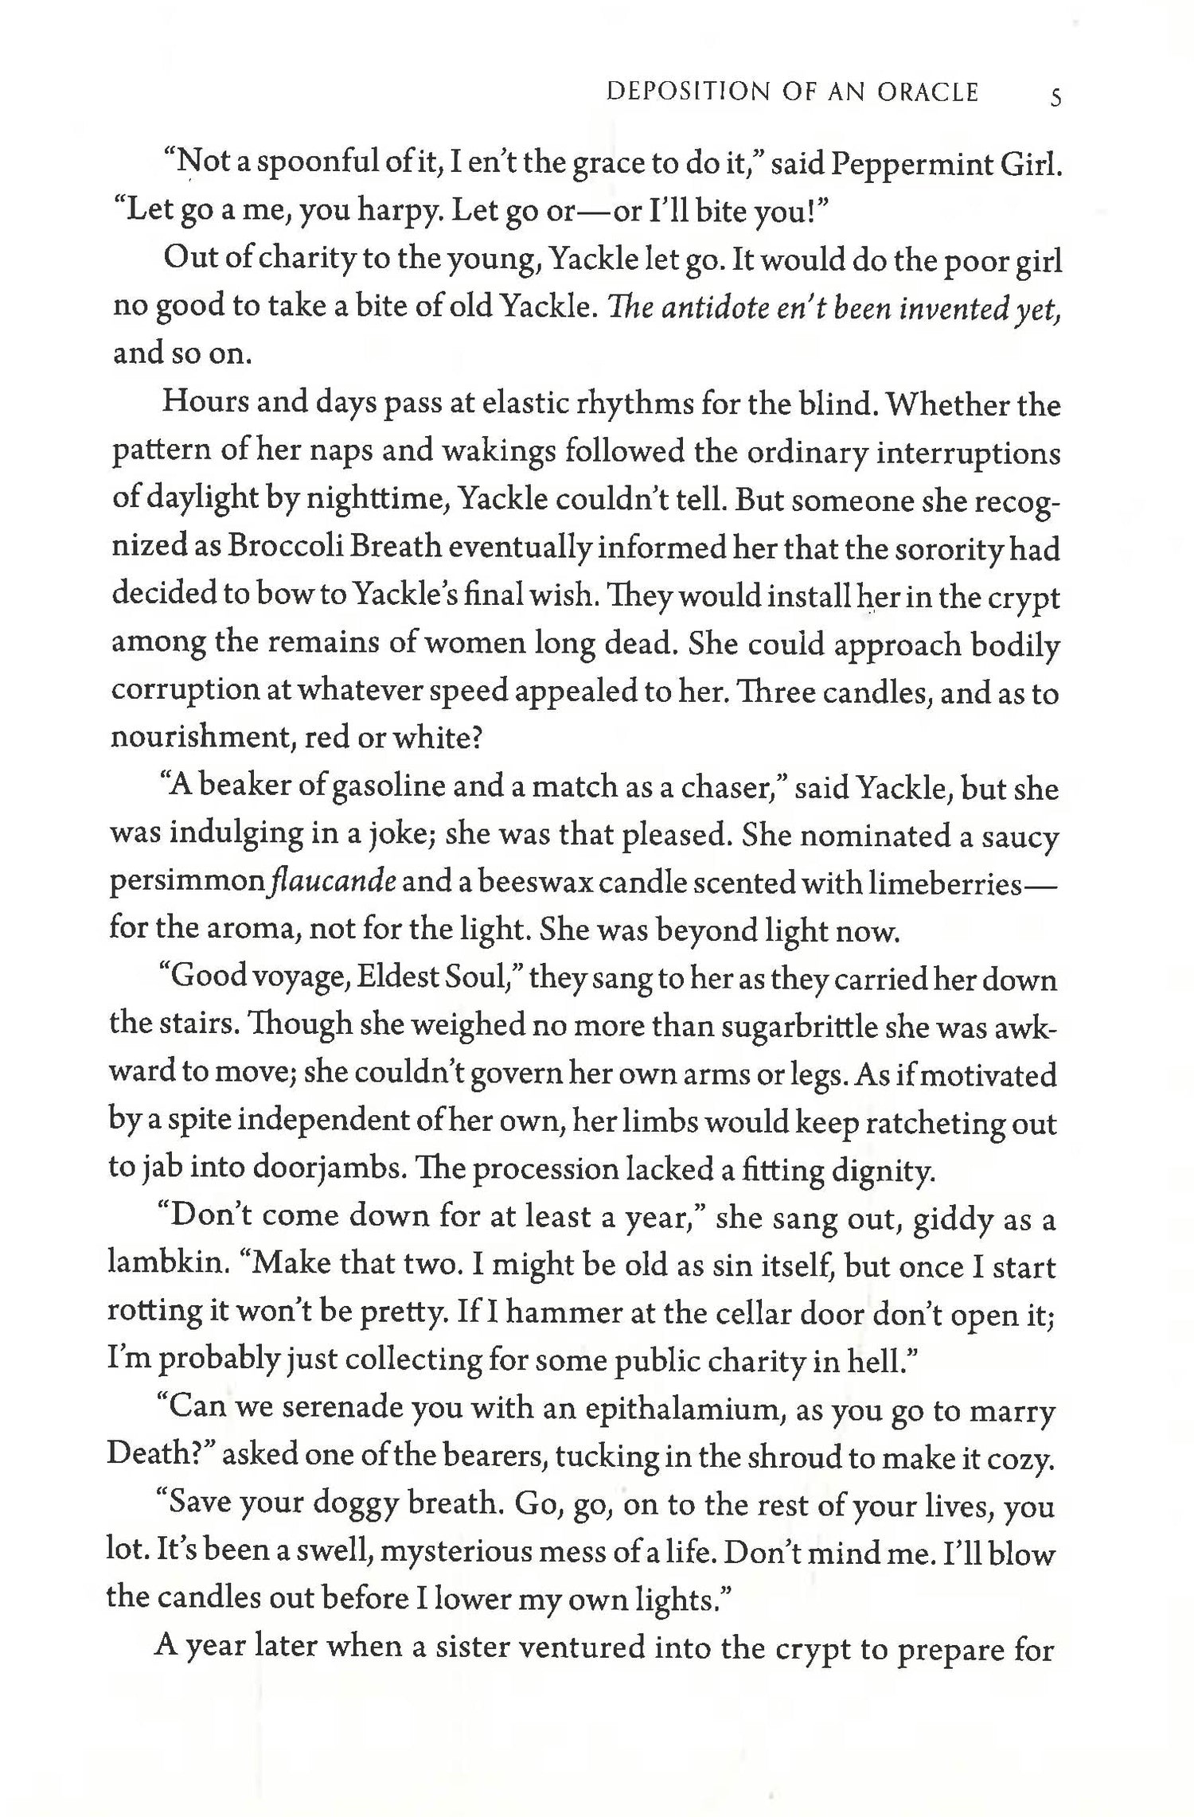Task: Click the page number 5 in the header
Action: [x=1055, y=97]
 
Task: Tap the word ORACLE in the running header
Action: [x=927, y=92]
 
